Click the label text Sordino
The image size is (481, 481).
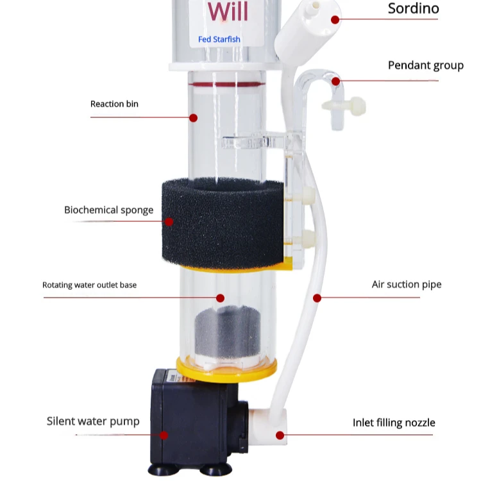click(414, 9)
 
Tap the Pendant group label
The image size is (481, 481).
click(425, 65)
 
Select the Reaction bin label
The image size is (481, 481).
click(114, 104)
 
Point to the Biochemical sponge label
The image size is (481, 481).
click(109, 210)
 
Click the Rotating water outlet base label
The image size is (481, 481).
click(89, 285)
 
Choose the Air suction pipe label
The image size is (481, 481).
click(407, 284)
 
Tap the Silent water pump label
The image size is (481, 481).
click(93, 421)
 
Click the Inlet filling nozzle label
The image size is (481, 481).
click(394, 423)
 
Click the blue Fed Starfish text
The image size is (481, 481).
click(219, 39)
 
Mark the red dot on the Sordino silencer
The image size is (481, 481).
click(335, 19)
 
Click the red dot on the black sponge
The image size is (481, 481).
click(169, 222)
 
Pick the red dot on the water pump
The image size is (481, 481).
click(164, 435)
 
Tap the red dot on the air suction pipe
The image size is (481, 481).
click(317, 298)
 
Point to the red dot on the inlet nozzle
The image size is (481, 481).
click(280, 435)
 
